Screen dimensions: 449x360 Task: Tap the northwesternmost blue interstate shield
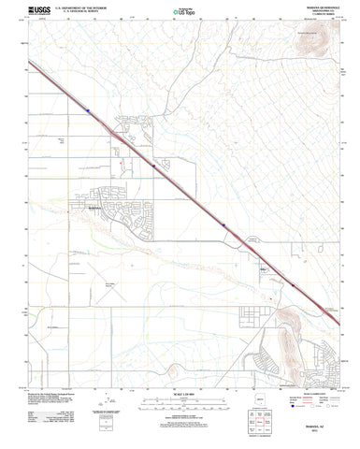tap(88, 110)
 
